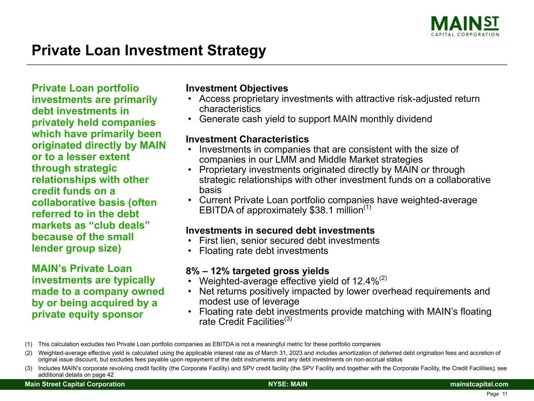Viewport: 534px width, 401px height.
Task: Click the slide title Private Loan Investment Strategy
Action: (x=149, y=51)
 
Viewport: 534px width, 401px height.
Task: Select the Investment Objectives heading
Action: (x=237, y=88)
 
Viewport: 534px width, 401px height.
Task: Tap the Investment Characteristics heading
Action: (x=247, y=139)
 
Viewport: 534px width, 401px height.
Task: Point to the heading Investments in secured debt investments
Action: (x=280, y=230)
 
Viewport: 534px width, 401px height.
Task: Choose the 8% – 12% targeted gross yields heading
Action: (x=257, y=271)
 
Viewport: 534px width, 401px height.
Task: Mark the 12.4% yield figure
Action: (x=365, y=282)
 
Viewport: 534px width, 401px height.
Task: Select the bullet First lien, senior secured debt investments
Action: (x=289, y=240)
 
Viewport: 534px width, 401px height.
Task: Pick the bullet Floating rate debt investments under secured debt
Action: (x=263, y=251)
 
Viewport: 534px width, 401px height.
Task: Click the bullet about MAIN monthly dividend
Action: (x=315, y=119)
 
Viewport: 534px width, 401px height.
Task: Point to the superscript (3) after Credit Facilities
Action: (x=288, y=319)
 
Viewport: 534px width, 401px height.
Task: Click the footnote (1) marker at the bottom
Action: (x=29, y=344)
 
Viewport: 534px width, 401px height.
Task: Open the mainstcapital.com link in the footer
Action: (x=479, y=384)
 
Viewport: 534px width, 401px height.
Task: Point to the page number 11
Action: (x=505, y=394)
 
